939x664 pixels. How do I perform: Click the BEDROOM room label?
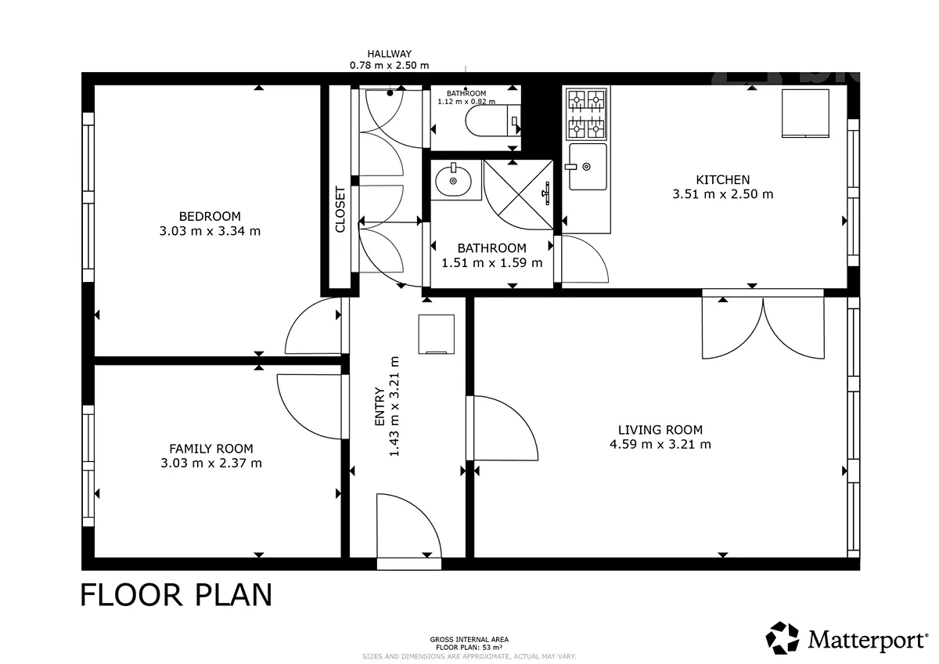[x=210, y=216]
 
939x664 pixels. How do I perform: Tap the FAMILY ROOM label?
[x=211, y=449]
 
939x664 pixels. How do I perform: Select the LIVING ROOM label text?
[x=660, y=430]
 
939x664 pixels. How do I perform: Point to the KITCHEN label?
[x=723, y=180]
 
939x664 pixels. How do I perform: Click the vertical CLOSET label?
[x=340, y=209]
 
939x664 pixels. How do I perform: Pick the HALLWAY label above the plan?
[x=390, y=54]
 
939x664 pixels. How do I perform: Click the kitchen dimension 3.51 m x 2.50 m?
[x=723, y=194]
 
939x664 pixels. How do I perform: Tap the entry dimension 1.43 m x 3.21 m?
[x=394, y=406]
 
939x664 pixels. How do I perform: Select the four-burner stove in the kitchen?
[x=586, y=114]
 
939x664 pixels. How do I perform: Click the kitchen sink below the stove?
[x=588, y=167]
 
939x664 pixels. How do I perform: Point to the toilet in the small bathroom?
[x=492, y=121]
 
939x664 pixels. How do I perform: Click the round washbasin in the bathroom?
[x=453, y=181]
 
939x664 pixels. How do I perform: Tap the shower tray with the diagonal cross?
[x=518, y=195]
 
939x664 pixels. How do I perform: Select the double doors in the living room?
[x=763, y=328]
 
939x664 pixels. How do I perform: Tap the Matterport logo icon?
[x=782, y=638]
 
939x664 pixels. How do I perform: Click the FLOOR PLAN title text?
[x=176, y=595]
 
